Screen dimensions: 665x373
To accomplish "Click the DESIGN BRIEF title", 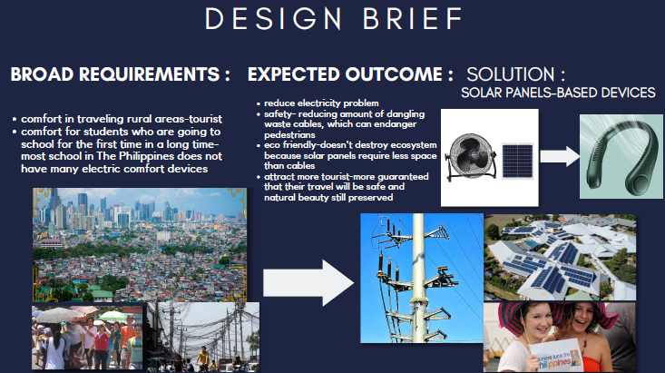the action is [334, 19].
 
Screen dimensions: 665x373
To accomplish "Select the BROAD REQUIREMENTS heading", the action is [120, 74].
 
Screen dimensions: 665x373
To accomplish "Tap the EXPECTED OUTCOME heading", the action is [350, 74].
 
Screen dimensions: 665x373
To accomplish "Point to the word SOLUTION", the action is [511, 74].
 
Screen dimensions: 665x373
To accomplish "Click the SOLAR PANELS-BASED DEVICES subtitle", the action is [558, 93].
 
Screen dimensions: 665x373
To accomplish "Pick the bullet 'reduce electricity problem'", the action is [321, 103].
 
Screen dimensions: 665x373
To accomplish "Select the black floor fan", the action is [471, 157].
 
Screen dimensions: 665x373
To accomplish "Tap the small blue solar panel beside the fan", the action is [517, 161].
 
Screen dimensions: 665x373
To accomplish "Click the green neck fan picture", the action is [621, 156].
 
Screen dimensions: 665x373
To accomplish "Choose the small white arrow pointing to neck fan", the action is [560, 156].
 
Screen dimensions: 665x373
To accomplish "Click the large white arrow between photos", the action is [308, 283].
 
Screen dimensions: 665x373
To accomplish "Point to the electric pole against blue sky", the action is [422, 278].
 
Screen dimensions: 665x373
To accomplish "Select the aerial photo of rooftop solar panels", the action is [560, 257].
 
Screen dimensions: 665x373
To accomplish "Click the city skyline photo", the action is [140, 245].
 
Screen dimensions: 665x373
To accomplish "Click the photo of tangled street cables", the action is [203, 337].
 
